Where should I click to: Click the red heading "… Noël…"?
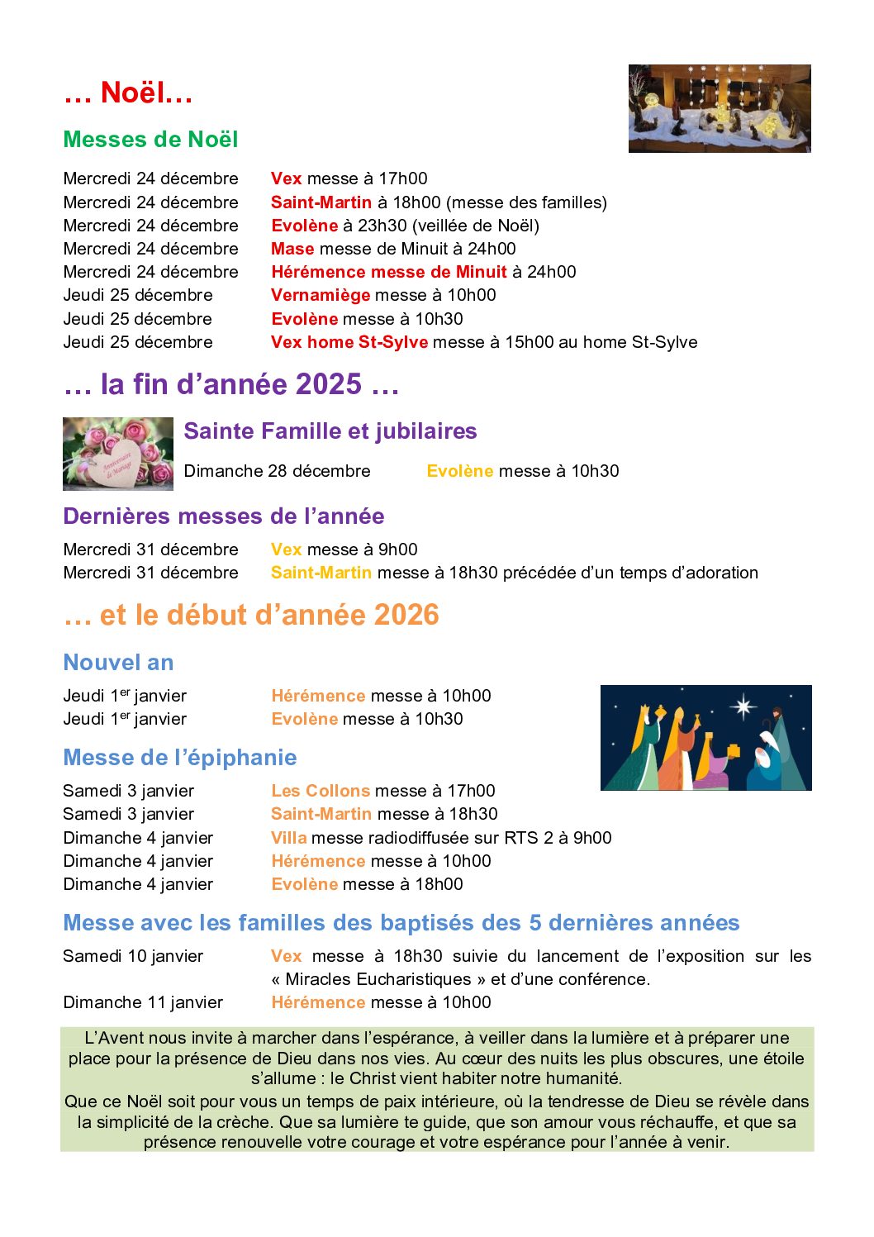[x=128, y=93]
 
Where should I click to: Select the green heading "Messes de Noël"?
[x=150, y=139]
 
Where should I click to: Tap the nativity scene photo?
[x=719, y=108]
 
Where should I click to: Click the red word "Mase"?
[x=292, y=249]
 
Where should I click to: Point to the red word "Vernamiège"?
[x=321, y=295]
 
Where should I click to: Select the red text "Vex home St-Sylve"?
[x=349, y=342]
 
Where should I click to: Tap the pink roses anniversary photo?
[x=118, y=454]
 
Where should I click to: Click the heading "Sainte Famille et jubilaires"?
[x=330, y=431]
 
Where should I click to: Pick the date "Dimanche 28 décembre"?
[x=277, y=471]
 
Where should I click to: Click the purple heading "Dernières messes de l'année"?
[x=223, y=516]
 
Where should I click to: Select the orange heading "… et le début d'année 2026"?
[x=251, y=615]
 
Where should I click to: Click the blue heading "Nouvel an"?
[x=118, y=663]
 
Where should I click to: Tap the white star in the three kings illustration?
[x=743, y=707]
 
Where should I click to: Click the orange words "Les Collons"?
[x=321, y=791]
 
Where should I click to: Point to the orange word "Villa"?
[x=288, y=838]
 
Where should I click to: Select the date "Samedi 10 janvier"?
[x=133, y=956]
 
